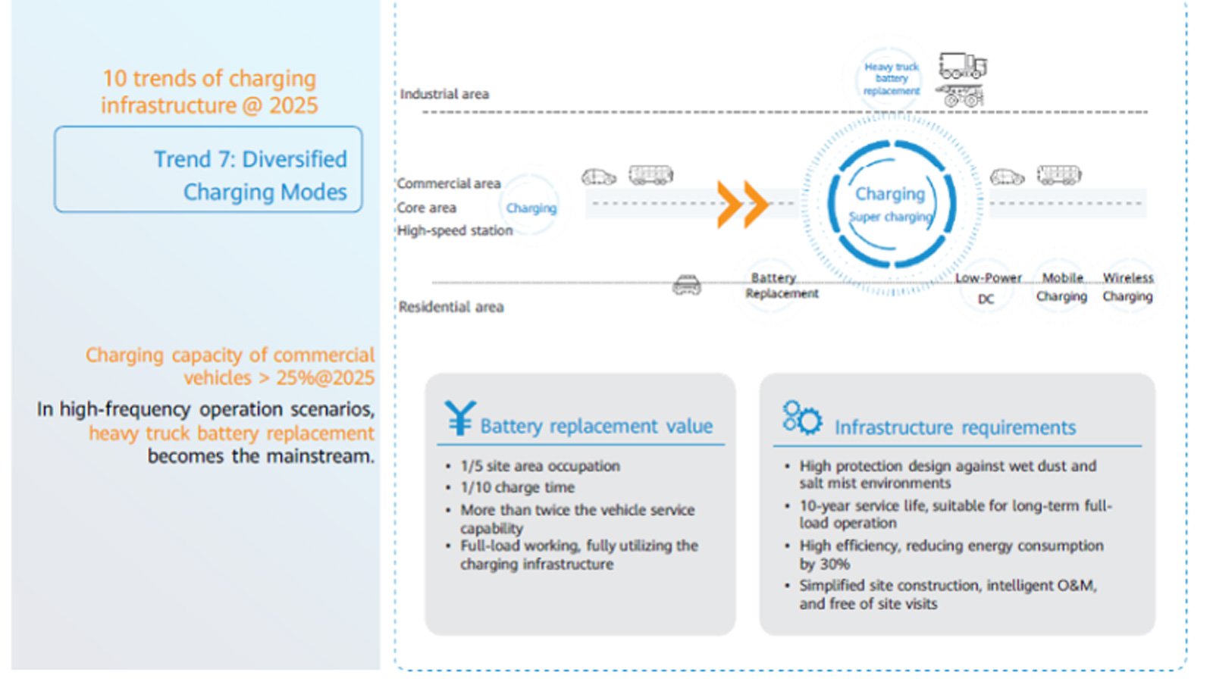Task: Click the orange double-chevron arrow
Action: (742, 204)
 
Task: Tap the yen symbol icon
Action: (459, 418)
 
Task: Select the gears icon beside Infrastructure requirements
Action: (801, 418)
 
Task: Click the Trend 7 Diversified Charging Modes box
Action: (208, 170)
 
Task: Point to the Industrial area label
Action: (444, 94)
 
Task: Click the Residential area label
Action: (451, 307)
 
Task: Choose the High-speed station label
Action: (455, 230)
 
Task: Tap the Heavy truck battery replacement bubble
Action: (891, 79)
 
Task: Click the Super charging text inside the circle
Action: (890, 217)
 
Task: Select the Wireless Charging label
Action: (1127, 287)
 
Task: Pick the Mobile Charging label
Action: (1061, 287)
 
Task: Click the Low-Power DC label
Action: (987, 288)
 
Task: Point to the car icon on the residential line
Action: (687, 286)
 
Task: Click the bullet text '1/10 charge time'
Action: (517, 487)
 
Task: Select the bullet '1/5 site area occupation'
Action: (540, 466)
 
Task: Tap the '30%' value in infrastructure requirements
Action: (834, 564)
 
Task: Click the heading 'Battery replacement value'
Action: (596, 426)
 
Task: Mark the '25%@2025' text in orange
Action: (325, 377)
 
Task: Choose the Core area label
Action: (427, 208)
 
